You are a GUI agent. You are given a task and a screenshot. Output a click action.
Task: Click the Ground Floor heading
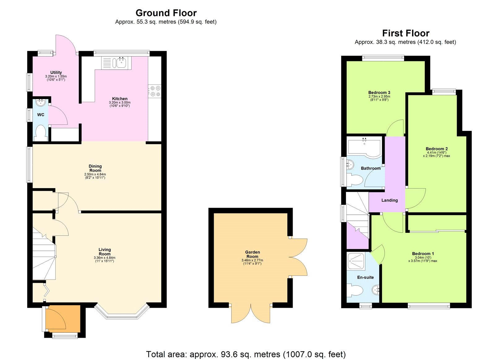166,13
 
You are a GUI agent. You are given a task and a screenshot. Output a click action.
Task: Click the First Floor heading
406,33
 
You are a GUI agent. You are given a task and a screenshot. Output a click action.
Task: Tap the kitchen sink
121,63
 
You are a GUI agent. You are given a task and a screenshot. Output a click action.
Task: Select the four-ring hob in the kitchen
155,91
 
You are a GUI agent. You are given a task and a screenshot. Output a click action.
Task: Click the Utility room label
56,72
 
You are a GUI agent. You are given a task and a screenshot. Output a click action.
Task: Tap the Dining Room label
95,168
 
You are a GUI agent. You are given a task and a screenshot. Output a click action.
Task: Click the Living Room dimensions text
105,259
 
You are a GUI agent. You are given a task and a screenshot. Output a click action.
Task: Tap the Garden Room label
252,254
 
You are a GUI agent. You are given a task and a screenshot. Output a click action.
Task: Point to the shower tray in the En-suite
356,261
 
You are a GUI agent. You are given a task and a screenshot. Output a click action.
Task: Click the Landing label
389,200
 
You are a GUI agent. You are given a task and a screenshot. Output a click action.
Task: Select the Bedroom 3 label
379,93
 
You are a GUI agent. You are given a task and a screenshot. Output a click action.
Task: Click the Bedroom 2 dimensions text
437,154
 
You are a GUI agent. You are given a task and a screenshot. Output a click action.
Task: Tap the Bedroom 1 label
423,254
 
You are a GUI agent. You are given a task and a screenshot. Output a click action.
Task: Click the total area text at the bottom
246,354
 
